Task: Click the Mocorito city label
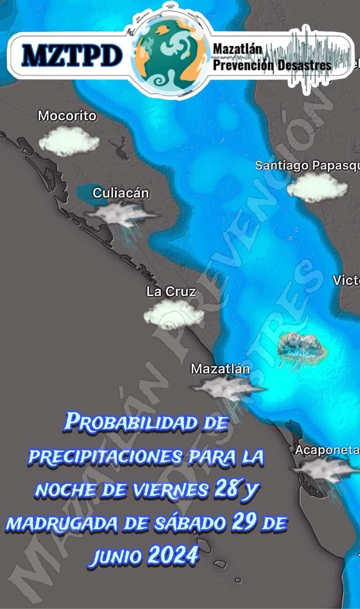(x=67, y=116)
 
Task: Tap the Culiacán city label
(x=121, y=193)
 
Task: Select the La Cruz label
(x=171, y=292)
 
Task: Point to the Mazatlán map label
(x=220, y=369)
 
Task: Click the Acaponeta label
(x=327, y=450)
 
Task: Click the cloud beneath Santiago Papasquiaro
(x=317, y=188)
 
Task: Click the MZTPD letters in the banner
(x=72, y=55)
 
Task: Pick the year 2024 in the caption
(x=173, y=556)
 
